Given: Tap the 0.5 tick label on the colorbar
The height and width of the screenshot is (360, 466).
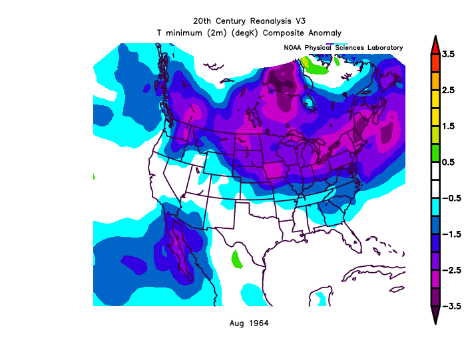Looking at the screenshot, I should pyautogui.click(x=448, y=162).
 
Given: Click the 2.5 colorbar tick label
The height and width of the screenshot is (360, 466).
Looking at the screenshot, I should pyautogui.click(x=448, y=90).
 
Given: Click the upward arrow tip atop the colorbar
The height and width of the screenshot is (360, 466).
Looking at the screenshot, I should pyautogui.click(x=435, y=40).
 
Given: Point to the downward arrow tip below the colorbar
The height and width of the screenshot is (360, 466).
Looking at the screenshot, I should pyautogui.click(x=435, y=321).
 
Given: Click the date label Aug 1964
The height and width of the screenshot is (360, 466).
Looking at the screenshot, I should pyautogui.click(x=249, y=323).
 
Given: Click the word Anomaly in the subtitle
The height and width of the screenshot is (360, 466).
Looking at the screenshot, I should pyautogui.click(x=324, y=32).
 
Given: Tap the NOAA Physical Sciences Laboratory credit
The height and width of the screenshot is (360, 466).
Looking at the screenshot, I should pyautogui.click(x=343, y=48).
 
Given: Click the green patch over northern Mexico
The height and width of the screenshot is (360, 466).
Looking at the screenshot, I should pyautogui.click(x=236, y=259).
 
